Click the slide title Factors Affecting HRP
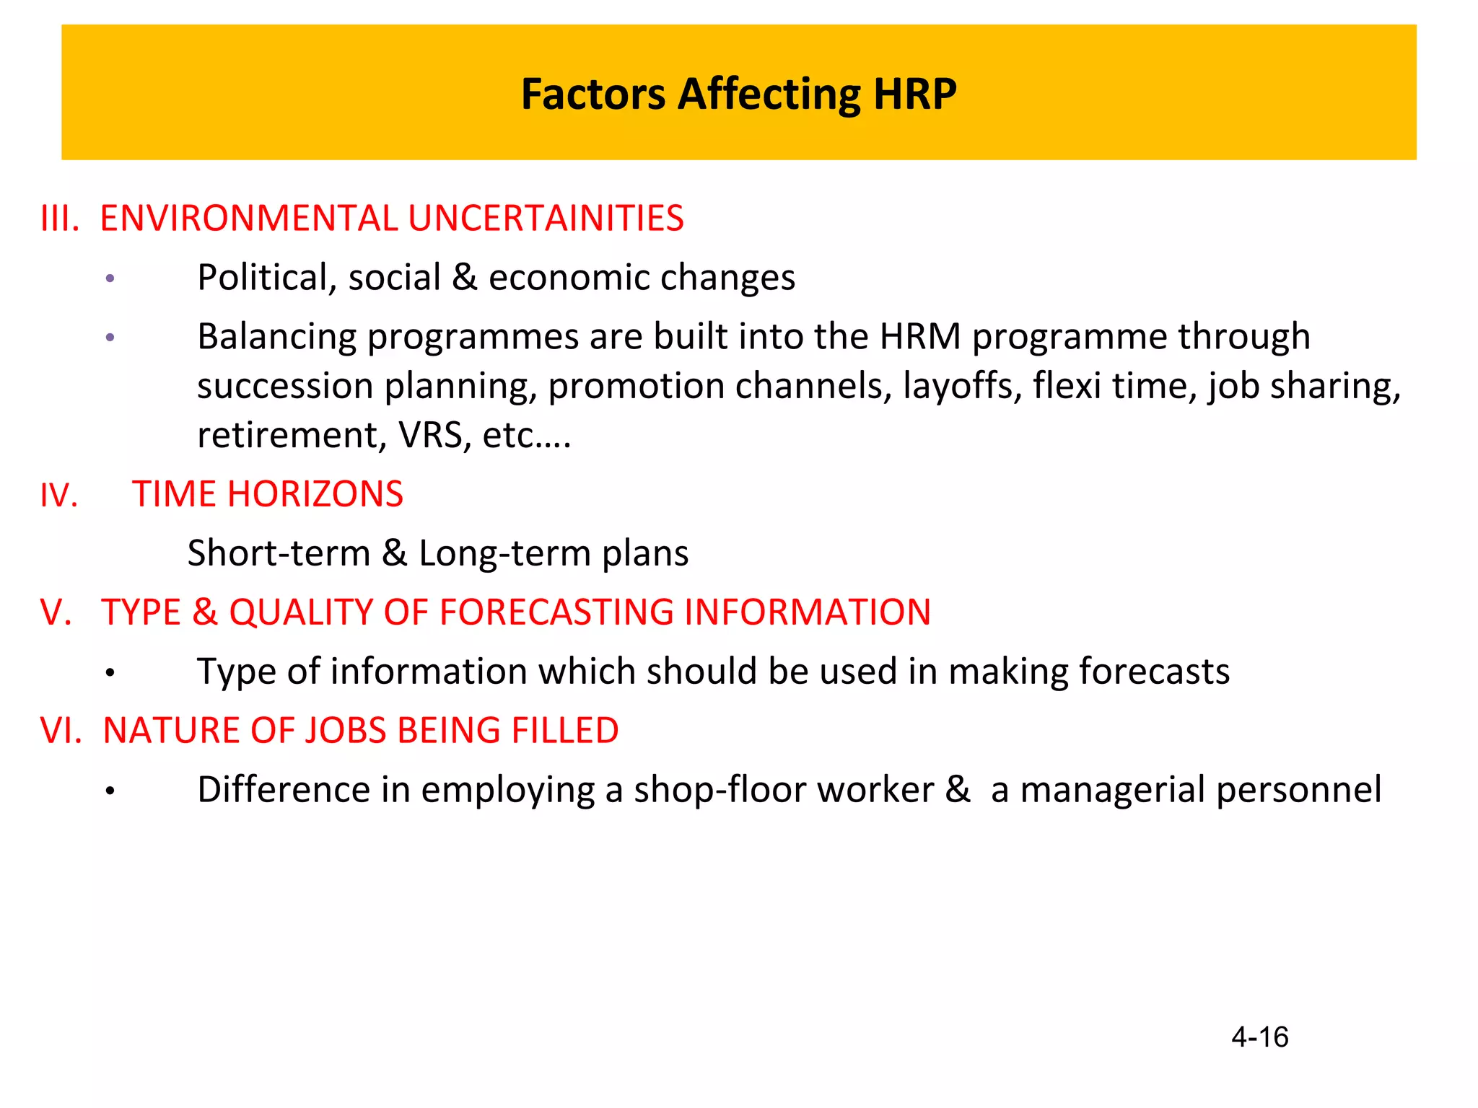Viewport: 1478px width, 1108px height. click(x=738, y=94)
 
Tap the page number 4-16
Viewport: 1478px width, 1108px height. click(x=1259, y=1037)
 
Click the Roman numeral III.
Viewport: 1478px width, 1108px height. click(x=59, y=219)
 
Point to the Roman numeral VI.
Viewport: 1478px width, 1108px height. click(x=61, y=731)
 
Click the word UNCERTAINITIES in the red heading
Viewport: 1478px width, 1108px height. click(x=546, y=219)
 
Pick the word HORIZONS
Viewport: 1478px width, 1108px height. click(x=315, y=495)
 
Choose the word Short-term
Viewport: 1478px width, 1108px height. click(x=279, y=554)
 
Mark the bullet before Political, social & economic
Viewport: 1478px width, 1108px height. click(x=110, y=279)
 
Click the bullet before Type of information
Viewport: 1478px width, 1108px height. click(x=110, y=673)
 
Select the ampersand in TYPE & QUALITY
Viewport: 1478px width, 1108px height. click(x=205, y=612)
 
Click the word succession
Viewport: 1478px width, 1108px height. click(x=285, y=386)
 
